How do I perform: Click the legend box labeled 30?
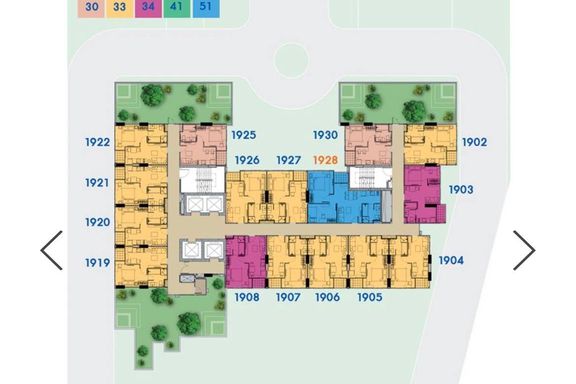[x=91, y=8]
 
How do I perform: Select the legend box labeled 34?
[x=148, y=8]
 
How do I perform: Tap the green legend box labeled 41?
[x=177, y=8]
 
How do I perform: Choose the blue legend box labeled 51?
[x=206, y=8]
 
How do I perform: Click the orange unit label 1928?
[x=325, y=160]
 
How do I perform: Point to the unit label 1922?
[x=97, y=142]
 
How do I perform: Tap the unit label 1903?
[x=461, y=190]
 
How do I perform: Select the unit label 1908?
[x=247, y=297]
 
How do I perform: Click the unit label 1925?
[x=244, y=135]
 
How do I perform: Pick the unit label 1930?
[x=325, y=135]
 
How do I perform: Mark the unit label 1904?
[x=451, y=261]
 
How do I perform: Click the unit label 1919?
[x=97, y=263]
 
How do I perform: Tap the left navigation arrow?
[x=52, y=250]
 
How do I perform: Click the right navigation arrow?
[x=524, y=250]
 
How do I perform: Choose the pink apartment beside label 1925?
[x=203, y=145]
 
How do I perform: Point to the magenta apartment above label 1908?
[x=246, y=262]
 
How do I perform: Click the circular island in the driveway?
[x=291, y=60]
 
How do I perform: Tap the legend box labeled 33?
[x=120, y=8]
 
